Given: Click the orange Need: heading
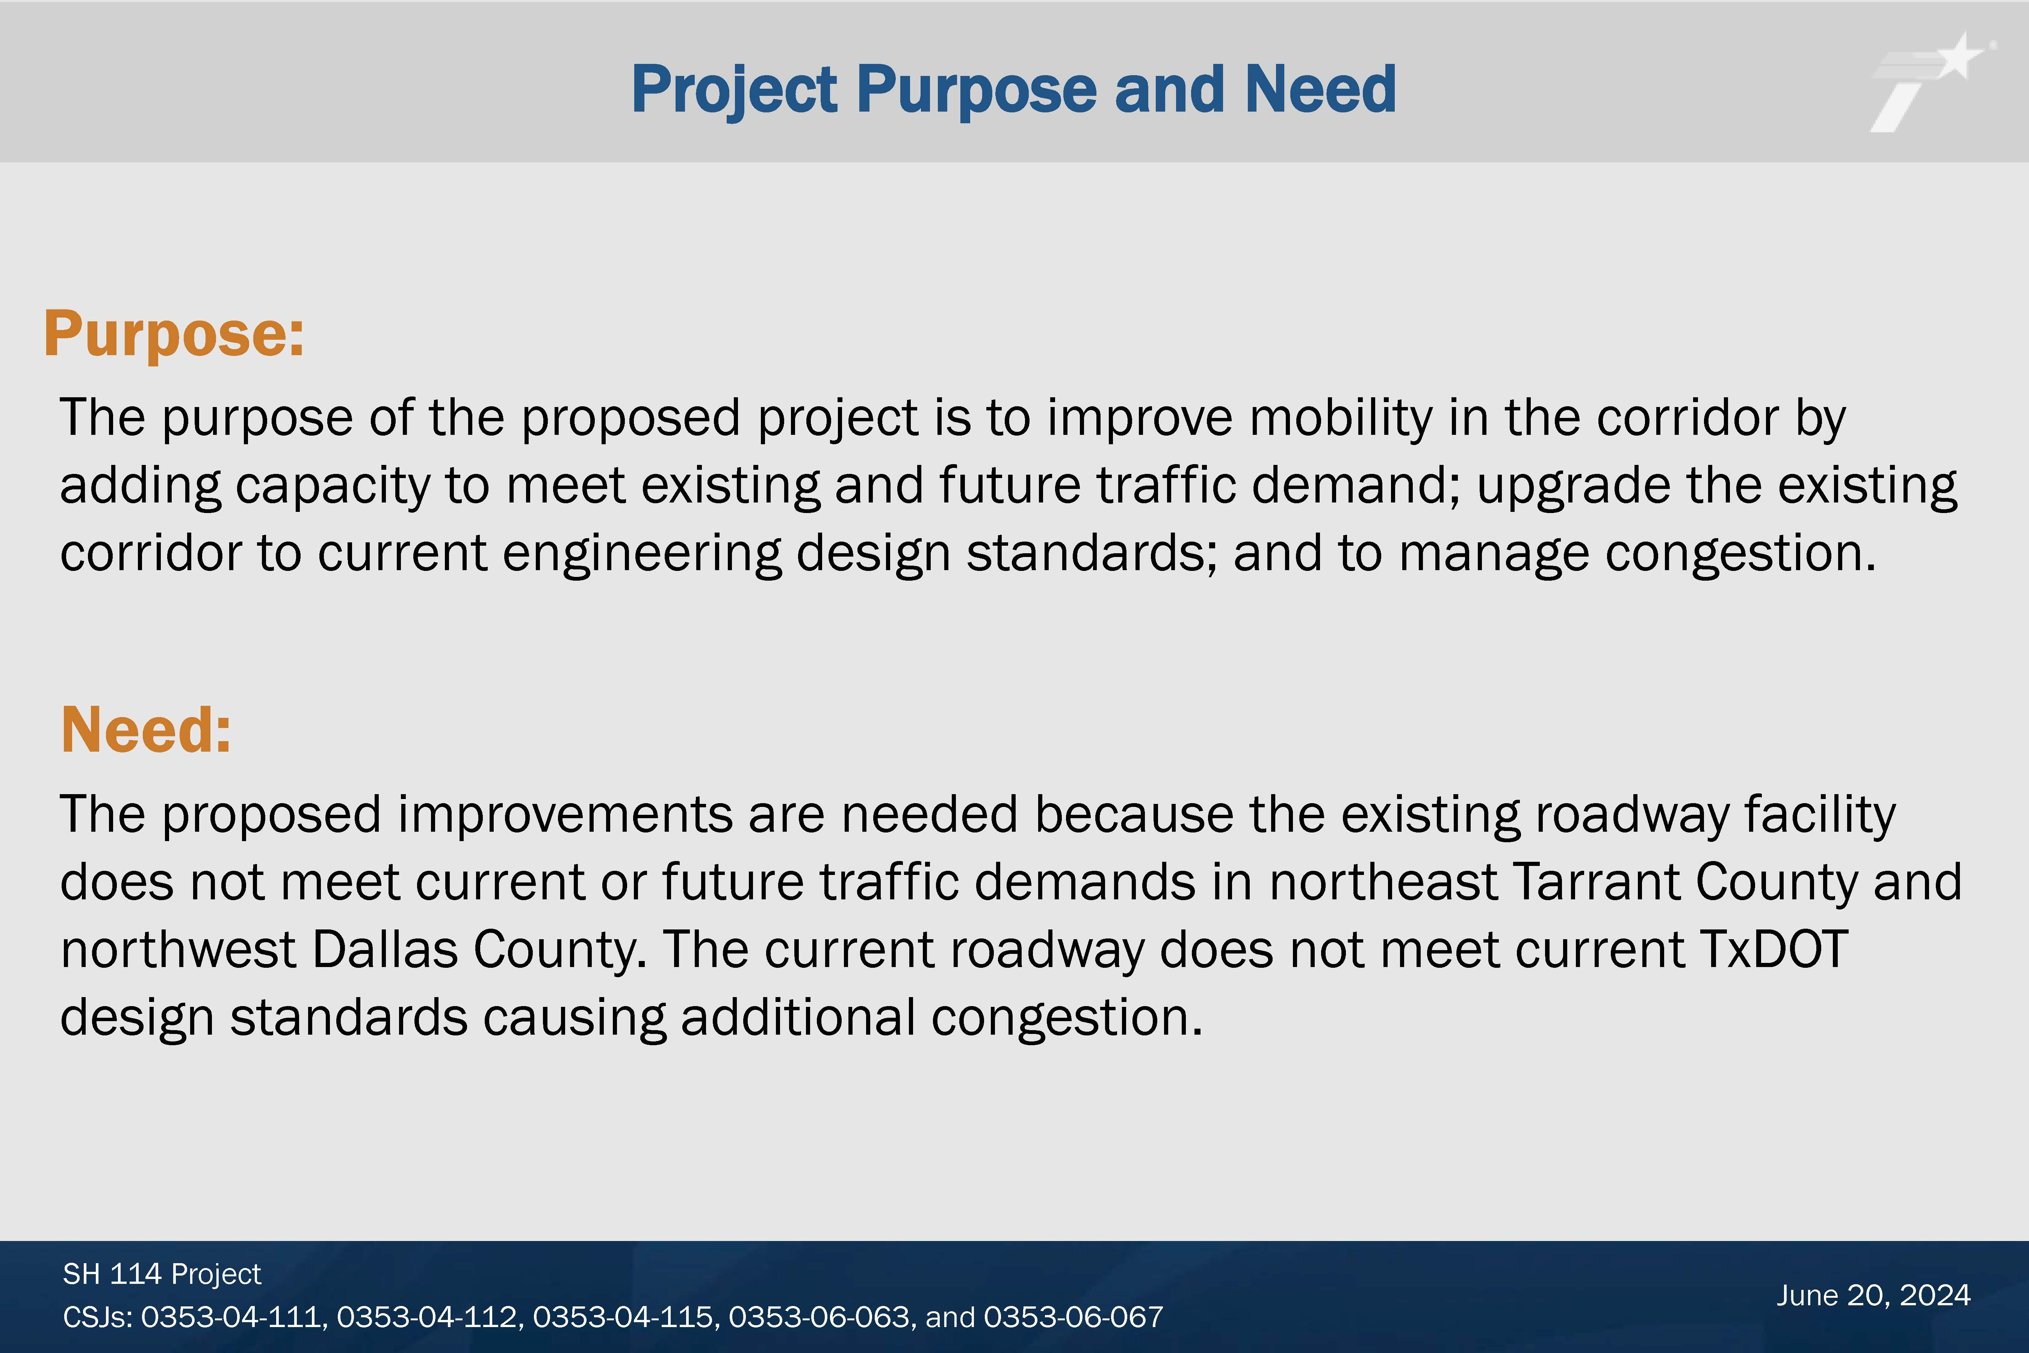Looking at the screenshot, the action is click(146, 730).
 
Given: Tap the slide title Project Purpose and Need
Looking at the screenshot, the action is click(1014, 90).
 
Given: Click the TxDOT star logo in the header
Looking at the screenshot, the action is click(1932, 82).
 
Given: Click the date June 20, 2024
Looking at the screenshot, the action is click(1873, 1295).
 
